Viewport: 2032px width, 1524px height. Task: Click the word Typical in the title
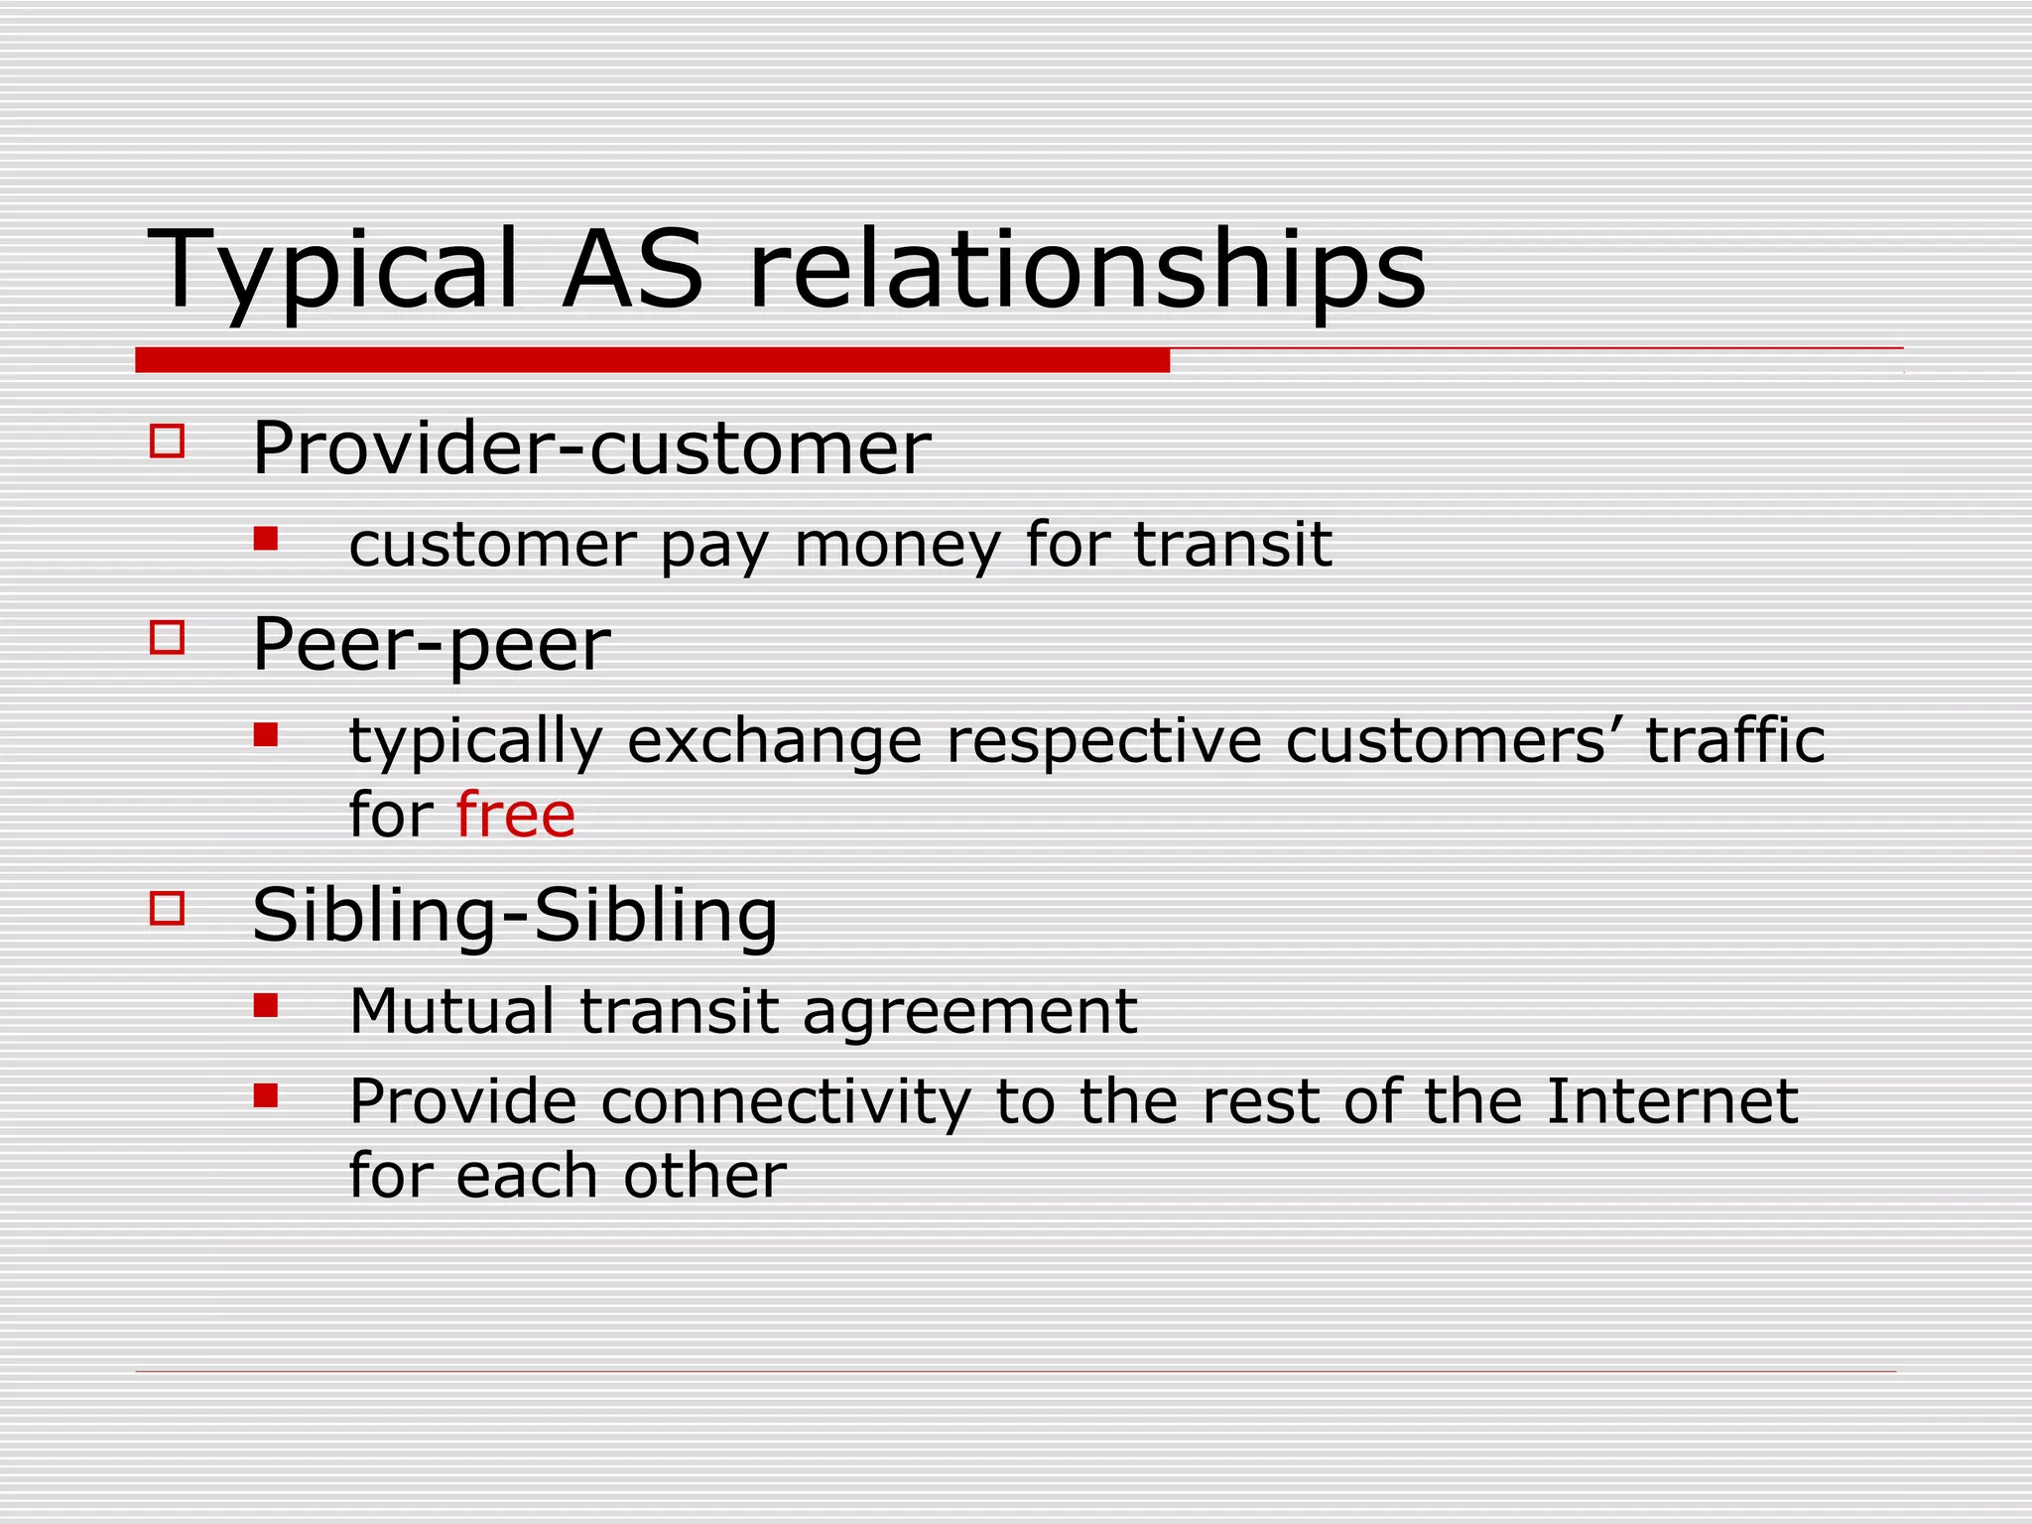333,270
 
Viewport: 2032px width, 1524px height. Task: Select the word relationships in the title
1086,270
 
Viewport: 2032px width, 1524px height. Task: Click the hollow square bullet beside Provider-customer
168,441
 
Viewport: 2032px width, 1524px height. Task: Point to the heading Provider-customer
591,448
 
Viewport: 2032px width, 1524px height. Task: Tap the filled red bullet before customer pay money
266,539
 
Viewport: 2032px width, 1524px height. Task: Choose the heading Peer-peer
431,645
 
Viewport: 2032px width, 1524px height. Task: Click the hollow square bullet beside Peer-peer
168,637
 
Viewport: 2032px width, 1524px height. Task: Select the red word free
516,816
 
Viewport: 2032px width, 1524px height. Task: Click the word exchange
775,741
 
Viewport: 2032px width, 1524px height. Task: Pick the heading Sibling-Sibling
515,915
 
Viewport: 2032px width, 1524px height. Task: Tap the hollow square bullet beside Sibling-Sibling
168,908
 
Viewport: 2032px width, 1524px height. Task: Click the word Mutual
452,1011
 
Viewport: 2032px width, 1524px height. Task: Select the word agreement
969,1013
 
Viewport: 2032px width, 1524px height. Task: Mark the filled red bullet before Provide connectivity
266,1095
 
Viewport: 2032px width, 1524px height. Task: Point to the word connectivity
786,1102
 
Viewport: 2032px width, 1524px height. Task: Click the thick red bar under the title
652,360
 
